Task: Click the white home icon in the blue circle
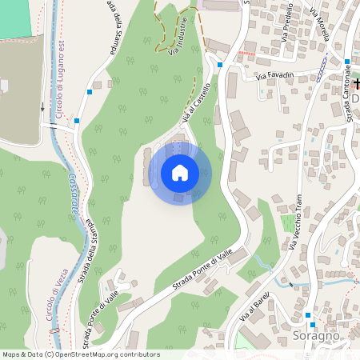point(180,172)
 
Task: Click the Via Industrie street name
point(179,36)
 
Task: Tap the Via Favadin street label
point(275,76)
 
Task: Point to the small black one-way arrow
point(43,106)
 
